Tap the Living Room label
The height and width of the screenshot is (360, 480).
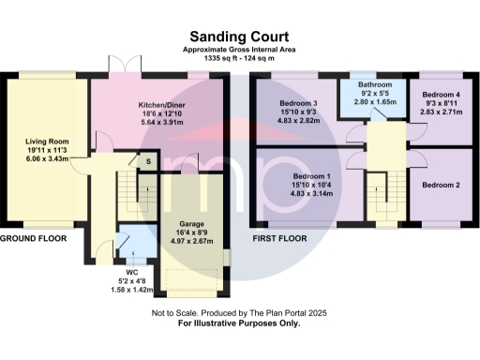[44, 142]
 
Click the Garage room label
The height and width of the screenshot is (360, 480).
[191, 225]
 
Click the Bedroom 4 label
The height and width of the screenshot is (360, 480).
[440, 96]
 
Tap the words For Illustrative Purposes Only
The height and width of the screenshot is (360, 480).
[239, 323]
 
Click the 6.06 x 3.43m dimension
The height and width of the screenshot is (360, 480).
[44, 161]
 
